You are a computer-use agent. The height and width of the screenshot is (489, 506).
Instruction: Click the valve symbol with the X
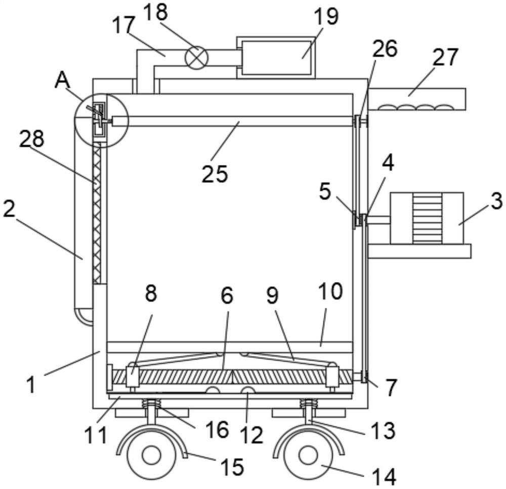[x=196, y=58]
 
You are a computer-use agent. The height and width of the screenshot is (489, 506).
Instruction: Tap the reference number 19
[x=326, y=17]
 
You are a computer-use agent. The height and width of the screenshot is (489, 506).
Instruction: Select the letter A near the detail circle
[x=62, y=80]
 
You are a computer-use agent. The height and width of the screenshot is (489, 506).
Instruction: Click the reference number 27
[x=445, y=57]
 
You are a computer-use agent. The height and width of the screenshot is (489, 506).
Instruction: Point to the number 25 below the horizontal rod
[x=215, y=174]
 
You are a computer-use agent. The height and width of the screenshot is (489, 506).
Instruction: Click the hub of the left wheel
[x=151, y=456]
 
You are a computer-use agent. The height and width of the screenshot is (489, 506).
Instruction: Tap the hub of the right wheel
[x=309, y=455]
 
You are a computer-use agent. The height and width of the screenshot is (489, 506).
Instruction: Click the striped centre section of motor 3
[x=427, y=218]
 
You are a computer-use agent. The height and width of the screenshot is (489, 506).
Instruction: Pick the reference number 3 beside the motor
[x=497, y=200]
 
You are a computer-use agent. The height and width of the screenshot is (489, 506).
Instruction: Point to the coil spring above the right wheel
[x=309, y=404]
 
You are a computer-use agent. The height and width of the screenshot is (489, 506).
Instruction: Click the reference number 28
[x=31, y=139]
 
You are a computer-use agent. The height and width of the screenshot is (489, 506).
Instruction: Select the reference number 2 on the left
[x=9, y=209]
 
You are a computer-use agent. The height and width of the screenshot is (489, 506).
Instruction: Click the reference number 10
[x=330, y=291]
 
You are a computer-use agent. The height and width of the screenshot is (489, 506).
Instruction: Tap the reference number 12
[x=252, y=435]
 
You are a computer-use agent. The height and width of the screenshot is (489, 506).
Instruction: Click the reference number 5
[x=325, y=191]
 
